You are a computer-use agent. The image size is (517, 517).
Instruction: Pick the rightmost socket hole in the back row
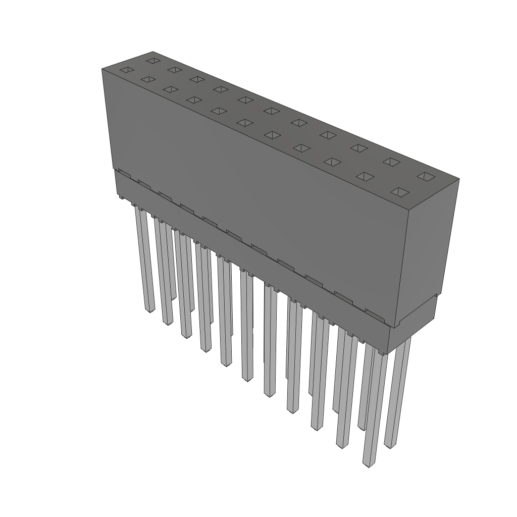(x=426, y=176)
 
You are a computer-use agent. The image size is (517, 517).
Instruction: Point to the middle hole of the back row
(x=272, y=111)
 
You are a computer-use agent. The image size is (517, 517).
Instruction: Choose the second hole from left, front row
(x=148, y=79)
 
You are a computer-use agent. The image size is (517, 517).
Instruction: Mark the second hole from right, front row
(x=366, y=176)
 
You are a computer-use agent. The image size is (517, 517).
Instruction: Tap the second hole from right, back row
(x=391, y=162)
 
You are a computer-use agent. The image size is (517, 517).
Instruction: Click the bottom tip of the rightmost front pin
(x=369, y=463)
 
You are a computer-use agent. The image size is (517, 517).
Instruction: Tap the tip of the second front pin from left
(x=168, y=321)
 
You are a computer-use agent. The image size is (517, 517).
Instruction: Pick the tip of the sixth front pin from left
(x=247, y=378)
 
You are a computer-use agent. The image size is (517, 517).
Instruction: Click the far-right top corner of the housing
(x=459, y=178)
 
